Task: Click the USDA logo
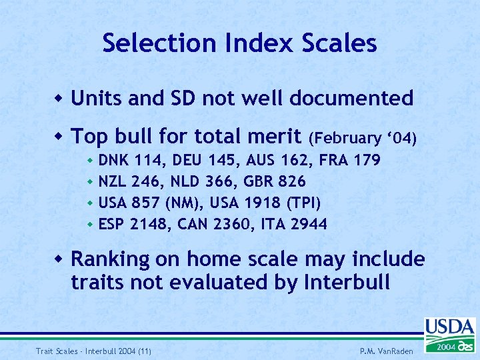tap(449, 334)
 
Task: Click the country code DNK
tap(114, 160)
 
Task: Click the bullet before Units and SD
tap(60, 99)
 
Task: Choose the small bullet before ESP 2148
tap(90, 225)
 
